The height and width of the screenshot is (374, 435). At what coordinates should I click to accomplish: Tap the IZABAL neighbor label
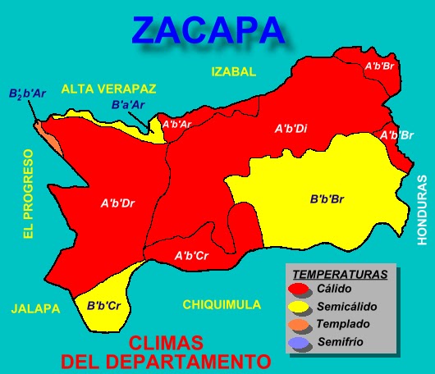(x=234, y=72)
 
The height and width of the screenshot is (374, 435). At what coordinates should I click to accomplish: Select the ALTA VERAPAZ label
(x=108, y=89)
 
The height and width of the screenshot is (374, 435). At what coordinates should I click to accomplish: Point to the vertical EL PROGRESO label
(x=28, y=194)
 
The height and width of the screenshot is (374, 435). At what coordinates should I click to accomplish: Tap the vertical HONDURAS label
(x=423, y=210)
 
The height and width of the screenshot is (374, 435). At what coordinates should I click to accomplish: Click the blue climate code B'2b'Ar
(x=28, y=94)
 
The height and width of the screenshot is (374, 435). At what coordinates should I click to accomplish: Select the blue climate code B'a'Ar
(x=128, y=104)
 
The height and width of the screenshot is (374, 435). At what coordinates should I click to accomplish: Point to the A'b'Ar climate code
(x=177, y=125)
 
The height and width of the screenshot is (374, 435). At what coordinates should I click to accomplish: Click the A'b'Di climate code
(x=291, y=129)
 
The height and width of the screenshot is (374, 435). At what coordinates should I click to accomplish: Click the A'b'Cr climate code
(x=191, y=256)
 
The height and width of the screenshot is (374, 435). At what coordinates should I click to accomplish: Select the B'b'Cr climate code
(x=104, y=306)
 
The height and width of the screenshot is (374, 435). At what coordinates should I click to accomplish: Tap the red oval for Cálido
(x=300, y=289)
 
